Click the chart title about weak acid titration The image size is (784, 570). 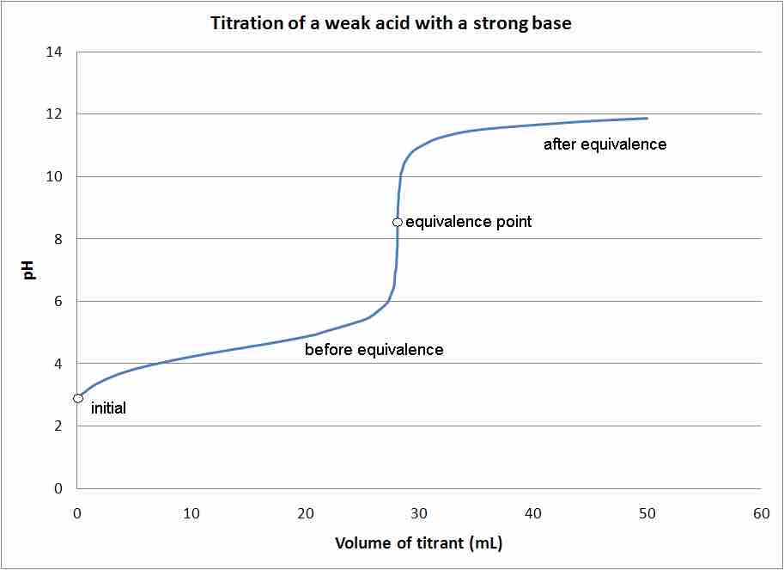(391, 23)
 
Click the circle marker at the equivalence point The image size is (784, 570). (397, 222)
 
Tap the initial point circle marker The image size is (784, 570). (78, 398)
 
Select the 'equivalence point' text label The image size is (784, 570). (468, 222)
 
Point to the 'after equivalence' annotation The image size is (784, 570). (605, 144)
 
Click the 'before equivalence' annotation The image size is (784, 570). (374, 350)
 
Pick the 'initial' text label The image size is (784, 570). (108, 408)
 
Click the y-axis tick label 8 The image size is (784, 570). (58, 239)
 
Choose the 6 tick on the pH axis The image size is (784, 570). (58, 302)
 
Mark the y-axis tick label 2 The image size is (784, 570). (58, 426)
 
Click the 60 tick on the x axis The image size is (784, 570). (761, 513)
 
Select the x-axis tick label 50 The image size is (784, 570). (647, 513)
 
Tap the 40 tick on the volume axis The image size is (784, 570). (533, 513)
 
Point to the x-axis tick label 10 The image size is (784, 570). (191, 513)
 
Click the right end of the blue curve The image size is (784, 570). (647, 118)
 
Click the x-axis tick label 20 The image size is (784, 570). (306, 513)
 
